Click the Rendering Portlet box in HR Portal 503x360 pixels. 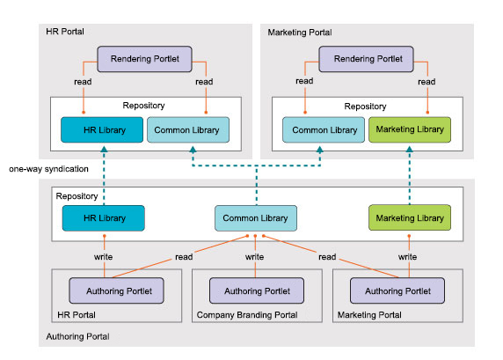tap(145, 60)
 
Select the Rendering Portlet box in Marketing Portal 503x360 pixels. tap(366, 60)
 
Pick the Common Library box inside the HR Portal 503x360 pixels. tap(187, 130)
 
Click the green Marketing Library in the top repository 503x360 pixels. tap(409, 130)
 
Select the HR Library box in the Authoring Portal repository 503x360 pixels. tap(103, 217)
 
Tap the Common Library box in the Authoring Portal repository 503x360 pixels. tap(255, 217)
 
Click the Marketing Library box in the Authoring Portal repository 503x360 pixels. tap(409, 217)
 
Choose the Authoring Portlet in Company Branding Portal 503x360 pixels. tap(255, 290)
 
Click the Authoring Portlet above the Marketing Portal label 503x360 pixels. tap(397, 290)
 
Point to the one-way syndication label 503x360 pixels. tap(40, 167)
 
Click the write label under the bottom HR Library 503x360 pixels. tap(104, 257)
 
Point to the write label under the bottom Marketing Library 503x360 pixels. tap(407, 257)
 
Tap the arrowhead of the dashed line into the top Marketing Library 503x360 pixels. tap(409, 151)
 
